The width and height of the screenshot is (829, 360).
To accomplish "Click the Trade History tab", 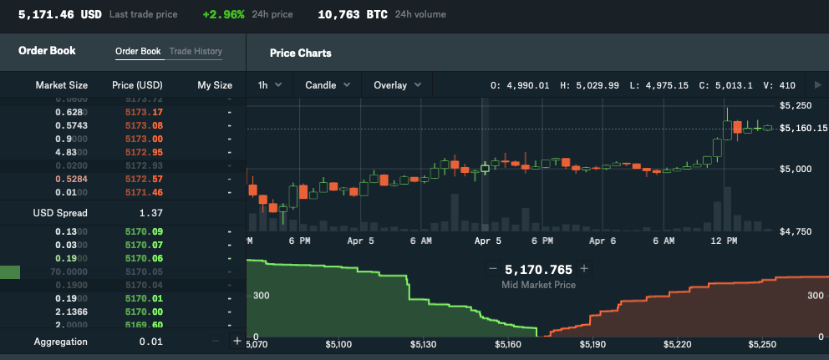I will (x=196, y=52).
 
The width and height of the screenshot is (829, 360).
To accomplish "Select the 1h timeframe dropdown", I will (x=269, y=84).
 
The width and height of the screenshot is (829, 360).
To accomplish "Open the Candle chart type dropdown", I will (x=327, y=84).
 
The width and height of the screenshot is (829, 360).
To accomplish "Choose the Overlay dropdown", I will (x=397, y=84).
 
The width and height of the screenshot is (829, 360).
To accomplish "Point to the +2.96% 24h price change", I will (x=223, y=14).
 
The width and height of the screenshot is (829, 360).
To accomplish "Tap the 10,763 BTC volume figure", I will (x=353, y=14).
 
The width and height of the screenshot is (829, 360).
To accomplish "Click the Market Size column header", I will (x=61, y=85).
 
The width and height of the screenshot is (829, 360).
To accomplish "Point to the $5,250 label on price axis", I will (x=795, y=106).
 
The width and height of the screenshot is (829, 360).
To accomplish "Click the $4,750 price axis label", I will (x=795, y=231).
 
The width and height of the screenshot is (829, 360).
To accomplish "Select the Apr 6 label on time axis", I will (x=603, y=241).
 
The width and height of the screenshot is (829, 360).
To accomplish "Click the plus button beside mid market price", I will (x=584, y=269).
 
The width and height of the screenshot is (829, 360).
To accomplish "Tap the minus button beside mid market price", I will (x=492, y=269).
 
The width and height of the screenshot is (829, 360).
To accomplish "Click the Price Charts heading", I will (x=300, y=53).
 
